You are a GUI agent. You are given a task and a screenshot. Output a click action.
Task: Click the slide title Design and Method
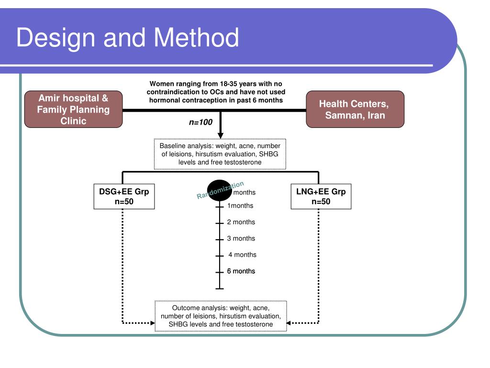pos(127,38)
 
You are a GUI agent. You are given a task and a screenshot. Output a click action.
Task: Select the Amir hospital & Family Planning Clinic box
pos(73,109)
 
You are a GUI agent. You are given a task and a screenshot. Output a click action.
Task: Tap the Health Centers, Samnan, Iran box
pos(355,109)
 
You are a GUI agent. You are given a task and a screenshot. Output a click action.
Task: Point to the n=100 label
pos(200,122)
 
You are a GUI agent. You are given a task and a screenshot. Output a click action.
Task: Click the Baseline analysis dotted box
pos(220,154)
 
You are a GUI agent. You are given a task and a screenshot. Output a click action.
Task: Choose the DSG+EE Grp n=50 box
pos(124,196)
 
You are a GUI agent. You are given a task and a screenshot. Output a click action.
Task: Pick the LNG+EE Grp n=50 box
pos(321,196)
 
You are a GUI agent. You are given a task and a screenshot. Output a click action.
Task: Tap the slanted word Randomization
pos(221,190)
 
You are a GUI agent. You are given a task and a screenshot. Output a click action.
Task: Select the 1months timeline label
pos(240,206)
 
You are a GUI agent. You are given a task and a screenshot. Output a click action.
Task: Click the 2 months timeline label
pos(241,222)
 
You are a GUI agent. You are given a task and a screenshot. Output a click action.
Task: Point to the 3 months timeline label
pos(241,238)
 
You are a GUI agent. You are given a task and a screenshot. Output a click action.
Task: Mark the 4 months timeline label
pos(242,254)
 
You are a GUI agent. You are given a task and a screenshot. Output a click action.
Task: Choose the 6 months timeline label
pos(241,271)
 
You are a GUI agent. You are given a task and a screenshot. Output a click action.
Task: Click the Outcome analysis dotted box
pos(221,316)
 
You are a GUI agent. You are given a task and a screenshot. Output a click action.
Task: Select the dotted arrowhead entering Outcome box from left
pos(152,322)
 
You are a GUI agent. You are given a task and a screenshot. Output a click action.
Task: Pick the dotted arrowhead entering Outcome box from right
pos(290,322)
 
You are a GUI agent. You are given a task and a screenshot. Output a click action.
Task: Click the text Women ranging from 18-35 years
pos(216,84)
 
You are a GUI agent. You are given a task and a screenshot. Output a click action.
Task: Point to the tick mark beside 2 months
pos(220,223)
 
